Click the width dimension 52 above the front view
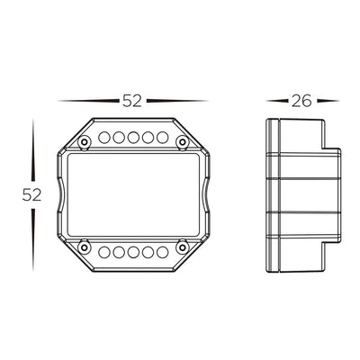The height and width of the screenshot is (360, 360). point(132,101)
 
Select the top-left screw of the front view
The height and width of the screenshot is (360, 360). point(84,141)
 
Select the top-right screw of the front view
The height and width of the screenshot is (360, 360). point(182,141)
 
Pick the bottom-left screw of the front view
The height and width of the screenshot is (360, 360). point(84,244)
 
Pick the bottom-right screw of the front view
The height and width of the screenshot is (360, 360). point(182,244)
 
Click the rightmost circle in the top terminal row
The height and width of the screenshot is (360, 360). point(162,139)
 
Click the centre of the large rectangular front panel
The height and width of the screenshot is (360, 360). point(132,193)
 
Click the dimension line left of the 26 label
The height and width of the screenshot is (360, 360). point(277,101)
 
